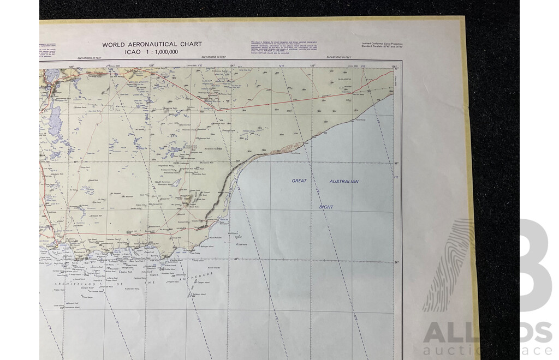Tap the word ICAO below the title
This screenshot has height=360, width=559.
pyautogui.click(x=111, y=51)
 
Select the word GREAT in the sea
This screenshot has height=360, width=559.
pyautogui.click(x=299, y=181)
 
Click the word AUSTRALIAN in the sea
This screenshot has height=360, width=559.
pyautogui.click(x=344, y=181)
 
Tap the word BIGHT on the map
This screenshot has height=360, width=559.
pyautogui.click(x=326, y=207)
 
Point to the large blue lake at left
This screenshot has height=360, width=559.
pyautogui.click(x=55, y=116)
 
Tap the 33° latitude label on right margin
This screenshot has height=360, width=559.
pyautogui.click(x=397, y=163)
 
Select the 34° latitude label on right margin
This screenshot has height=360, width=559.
pyautogui.click(x=397, y=263)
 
